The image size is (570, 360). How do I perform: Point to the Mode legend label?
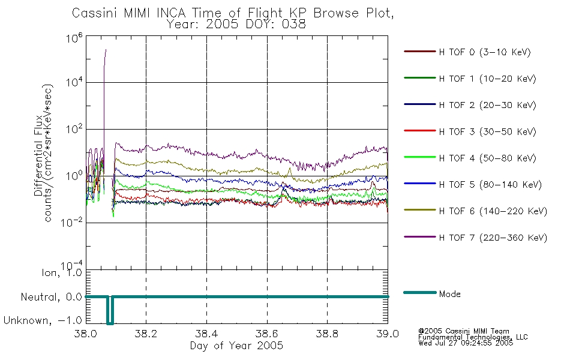(x=449, y=294)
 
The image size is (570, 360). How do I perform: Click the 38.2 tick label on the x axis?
(x=146, y=334)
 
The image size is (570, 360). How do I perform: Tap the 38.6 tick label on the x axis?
(x=267, y=334)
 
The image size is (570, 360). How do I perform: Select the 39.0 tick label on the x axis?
(x=388, y=334)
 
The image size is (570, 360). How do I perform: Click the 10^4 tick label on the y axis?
(x=74, y=82)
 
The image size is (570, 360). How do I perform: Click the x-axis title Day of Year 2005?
(x=236, y=346)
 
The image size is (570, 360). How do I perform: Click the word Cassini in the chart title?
(x=95, y=13)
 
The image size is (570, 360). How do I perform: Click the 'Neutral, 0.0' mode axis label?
(x=51, y=298)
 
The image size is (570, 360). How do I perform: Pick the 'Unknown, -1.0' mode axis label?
(x=43, y=320)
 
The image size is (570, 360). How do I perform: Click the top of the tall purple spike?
(x=106, y=49)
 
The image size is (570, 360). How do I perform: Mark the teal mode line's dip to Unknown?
(x=110, y=323)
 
